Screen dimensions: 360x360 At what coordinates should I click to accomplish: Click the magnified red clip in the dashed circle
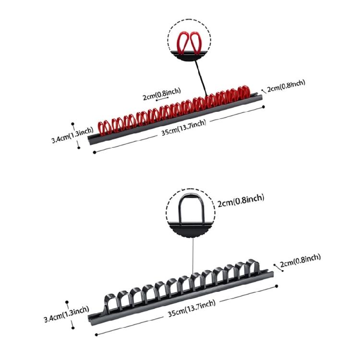pos(188,42)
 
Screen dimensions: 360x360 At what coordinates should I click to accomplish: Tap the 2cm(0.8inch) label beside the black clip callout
pos(241,198)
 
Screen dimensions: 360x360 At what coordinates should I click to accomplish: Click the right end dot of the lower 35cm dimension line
pos(277,287)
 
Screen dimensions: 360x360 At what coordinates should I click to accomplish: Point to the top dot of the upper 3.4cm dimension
pos(72,123)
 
